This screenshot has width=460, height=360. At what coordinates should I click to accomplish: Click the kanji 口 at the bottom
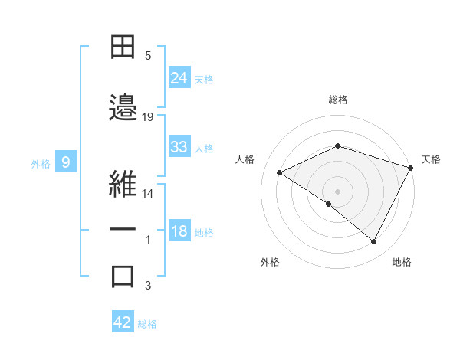point(123,276)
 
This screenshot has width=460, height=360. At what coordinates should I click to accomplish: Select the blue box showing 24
point(179,78)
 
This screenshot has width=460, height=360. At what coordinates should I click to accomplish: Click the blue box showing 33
point(179,147)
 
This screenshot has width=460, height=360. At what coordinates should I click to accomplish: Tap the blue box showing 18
point(179,232)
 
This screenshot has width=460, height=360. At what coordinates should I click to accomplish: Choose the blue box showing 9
point(67,162)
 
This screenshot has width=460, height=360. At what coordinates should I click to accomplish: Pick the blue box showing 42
point(123,322)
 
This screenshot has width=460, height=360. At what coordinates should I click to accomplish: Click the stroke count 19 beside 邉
point(148,116)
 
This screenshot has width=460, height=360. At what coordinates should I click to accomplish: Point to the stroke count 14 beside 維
point(148,194)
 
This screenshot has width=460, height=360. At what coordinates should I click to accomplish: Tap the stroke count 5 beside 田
point(148,56)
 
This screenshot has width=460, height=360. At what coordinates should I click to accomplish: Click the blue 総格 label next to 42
point(147,324)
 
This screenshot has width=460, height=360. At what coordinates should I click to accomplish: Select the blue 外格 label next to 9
point(41,163)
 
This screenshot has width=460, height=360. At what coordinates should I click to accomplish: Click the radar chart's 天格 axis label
point(431,159)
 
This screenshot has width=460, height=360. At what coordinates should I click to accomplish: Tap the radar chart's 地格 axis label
point(402,263)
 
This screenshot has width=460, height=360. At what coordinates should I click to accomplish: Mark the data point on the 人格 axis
point(280,173)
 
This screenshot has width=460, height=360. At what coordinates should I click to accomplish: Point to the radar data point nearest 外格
point(329,204)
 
